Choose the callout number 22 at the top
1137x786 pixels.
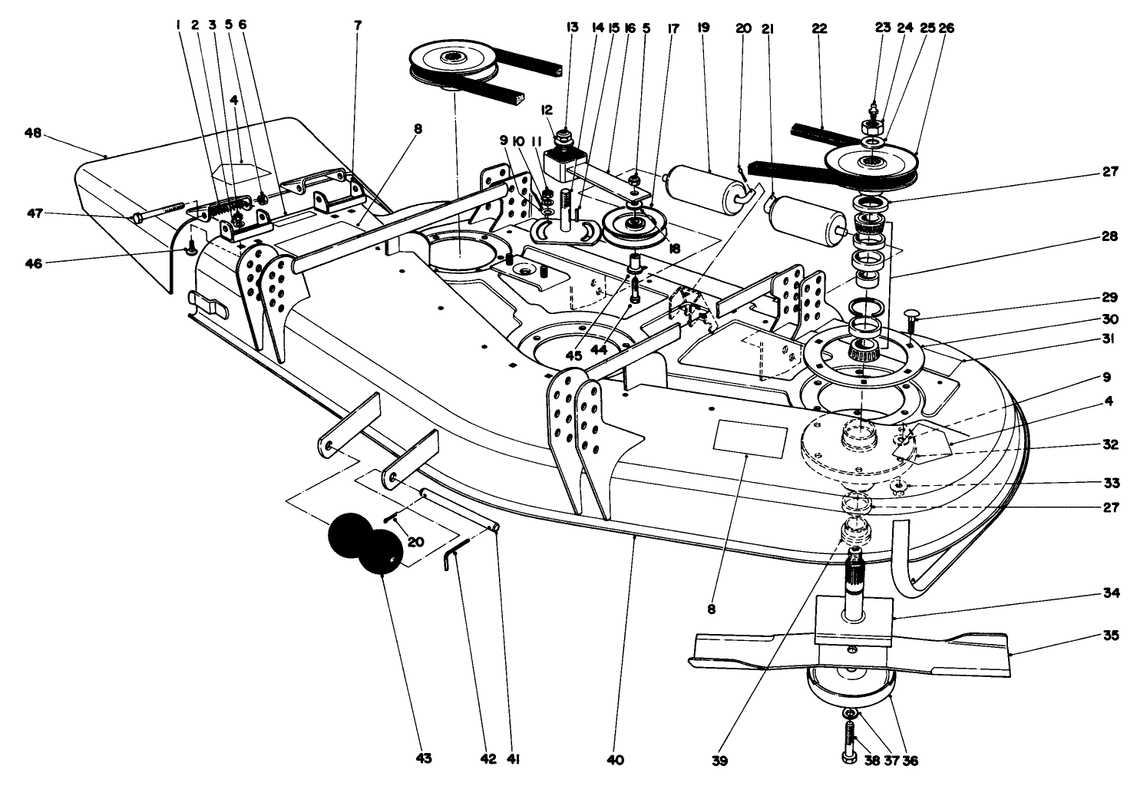pos(819,28)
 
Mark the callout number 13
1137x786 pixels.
pos(571,28)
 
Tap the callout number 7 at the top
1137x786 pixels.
pos(357,26)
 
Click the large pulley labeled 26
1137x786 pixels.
pos(871,165)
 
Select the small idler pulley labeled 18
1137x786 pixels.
pos(634,226)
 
